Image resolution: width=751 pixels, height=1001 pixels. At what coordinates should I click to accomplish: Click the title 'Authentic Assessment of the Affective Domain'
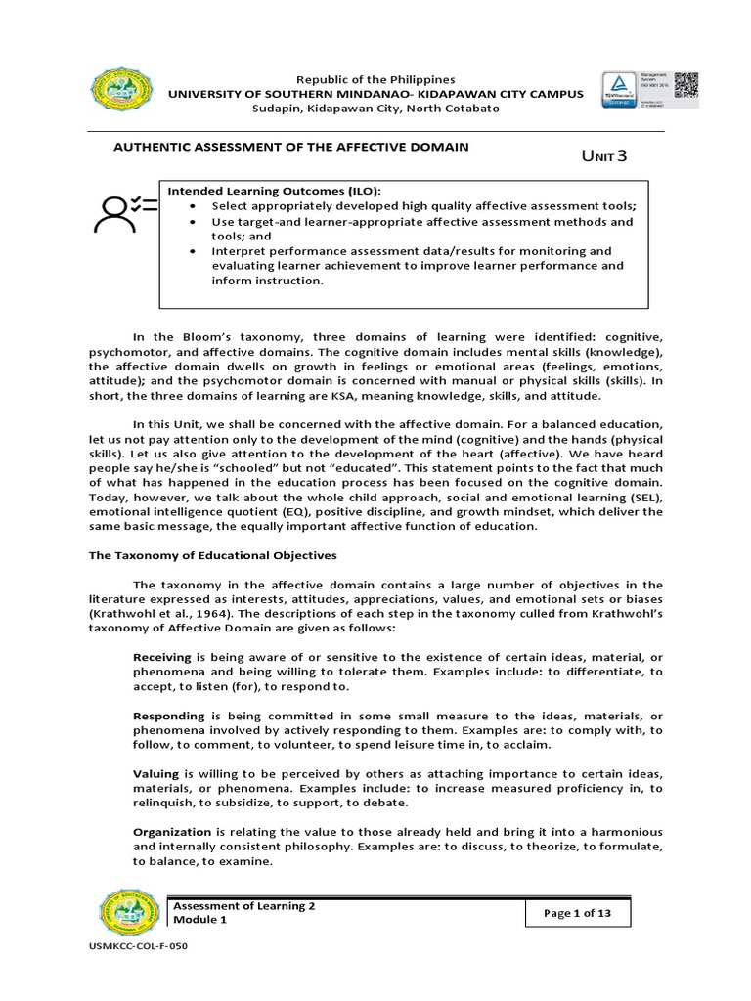point(292,147)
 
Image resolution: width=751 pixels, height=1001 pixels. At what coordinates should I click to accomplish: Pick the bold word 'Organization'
point(172,831)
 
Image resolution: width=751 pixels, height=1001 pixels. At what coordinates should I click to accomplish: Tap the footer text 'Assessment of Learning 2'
point(244,906)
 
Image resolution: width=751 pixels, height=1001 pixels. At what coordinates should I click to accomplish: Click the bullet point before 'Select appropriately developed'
point(197,206)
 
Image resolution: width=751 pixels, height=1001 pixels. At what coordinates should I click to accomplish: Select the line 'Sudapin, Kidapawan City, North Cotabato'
point(375,109)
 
